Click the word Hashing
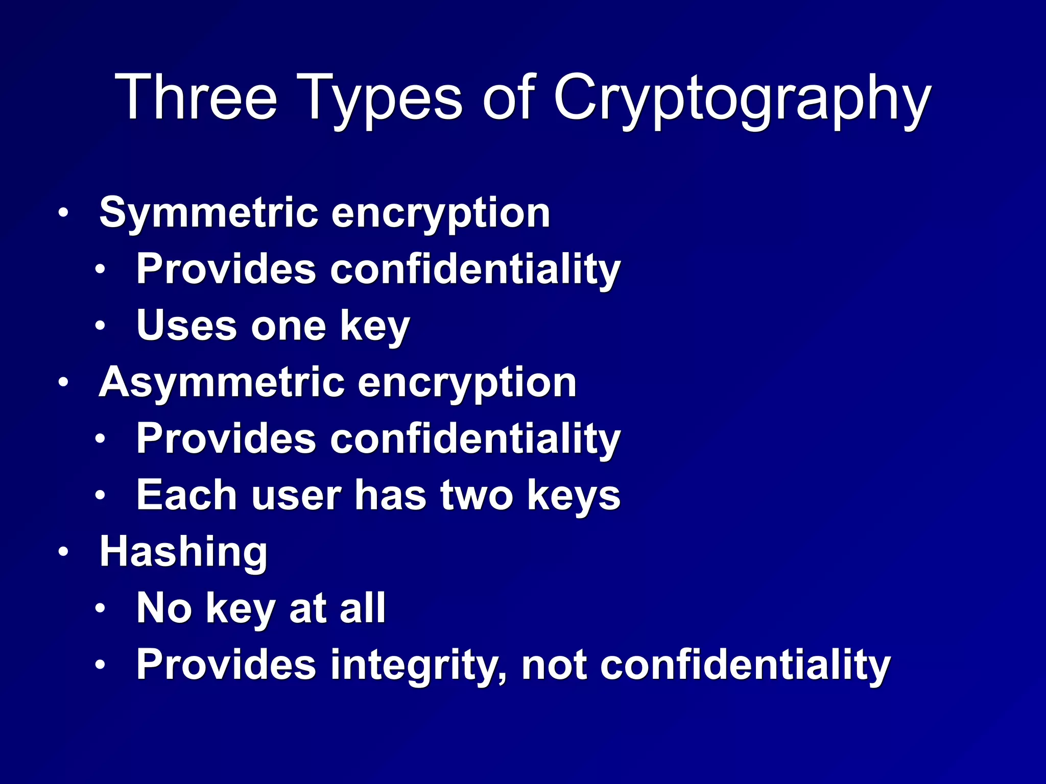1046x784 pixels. [183, 553]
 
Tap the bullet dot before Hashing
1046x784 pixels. [63, 552]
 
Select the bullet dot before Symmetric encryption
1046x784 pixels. [63, 212]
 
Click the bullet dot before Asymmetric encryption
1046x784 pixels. [63, 382]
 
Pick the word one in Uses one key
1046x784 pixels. [289, 327]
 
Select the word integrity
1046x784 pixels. [419, 666]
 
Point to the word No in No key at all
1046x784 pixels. [164, 608]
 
